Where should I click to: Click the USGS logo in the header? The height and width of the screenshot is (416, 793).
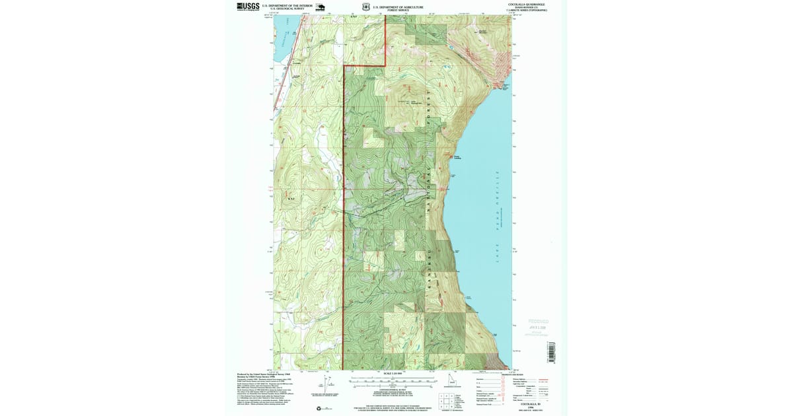tap(248, 7)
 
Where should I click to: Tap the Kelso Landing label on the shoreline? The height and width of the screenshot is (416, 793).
tap(457, 157)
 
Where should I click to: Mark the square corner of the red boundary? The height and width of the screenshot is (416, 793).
tap(385, 66)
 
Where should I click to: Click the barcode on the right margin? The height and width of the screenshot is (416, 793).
tap(552, 350)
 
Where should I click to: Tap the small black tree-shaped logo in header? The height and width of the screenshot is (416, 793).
tap(320, 7)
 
